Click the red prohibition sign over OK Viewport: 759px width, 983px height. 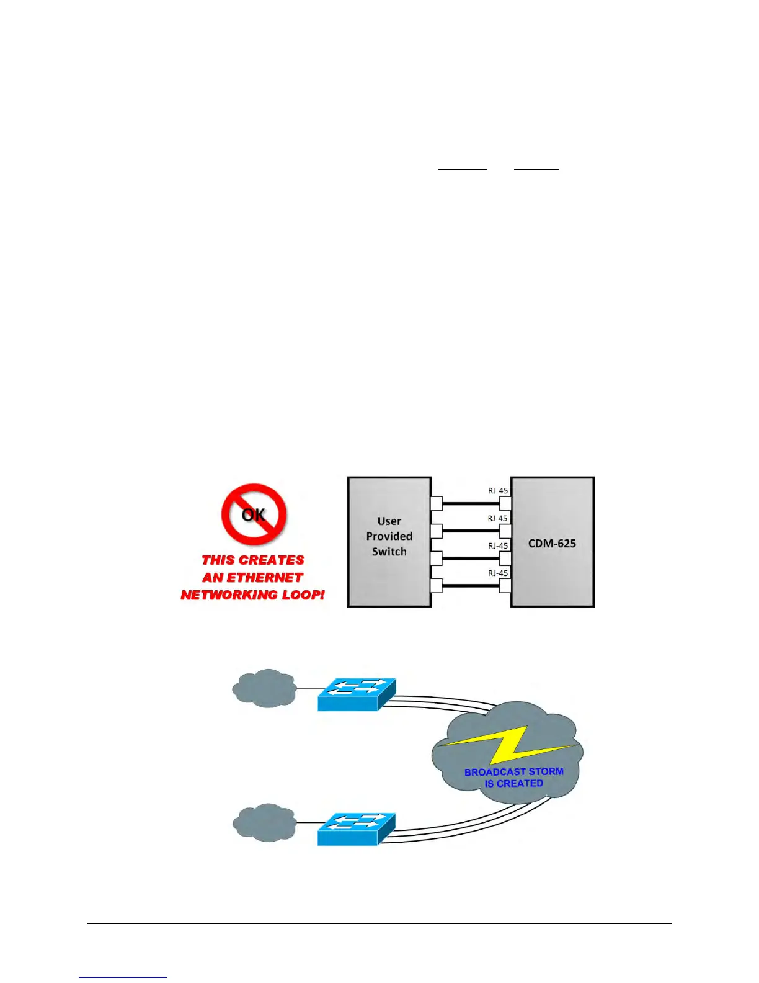coord(254,514)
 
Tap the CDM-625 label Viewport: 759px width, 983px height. coord(552,544)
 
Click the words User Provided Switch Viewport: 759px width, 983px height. coord(389,536)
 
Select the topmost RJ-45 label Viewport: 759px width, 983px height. coord(497,490)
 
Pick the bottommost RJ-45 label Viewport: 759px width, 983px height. coord(497,573)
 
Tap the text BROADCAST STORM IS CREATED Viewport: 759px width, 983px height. coord(514,778)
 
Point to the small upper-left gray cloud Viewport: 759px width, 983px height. coord(264,688)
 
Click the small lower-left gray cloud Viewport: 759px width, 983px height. coord(264,823)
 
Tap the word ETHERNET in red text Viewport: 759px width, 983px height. coord(265,578)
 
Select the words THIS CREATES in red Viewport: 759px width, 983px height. coord(253,560)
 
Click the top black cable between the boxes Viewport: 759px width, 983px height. coord(471,503)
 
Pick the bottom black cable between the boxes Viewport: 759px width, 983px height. coord(471,585)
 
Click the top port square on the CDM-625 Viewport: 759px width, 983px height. coord(505,503)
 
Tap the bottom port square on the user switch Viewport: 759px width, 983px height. coord(436,585)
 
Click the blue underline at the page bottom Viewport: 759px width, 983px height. coord(123,977)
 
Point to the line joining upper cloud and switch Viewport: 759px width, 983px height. coord(307,688)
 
